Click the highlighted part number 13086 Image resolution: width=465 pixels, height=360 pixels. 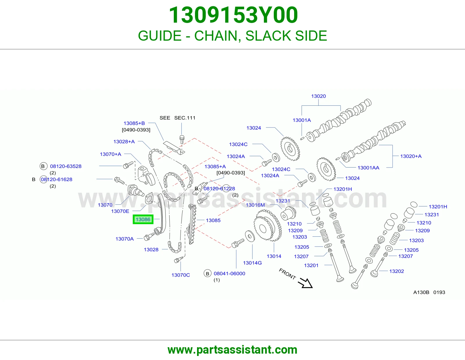[x=143, y=219]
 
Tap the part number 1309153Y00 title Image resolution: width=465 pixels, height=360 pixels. [x=233, y=15]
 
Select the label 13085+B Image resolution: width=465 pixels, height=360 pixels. [x=134, y=123]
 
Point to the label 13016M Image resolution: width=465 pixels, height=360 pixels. [x=255, y=205]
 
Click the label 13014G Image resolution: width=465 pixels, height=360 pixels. [x=252, y=263]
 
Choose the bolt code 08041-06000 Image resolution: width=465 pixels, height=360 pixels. [x=229, y=273]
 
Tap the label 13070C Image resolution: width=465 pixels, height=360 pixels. [x=180, y=275]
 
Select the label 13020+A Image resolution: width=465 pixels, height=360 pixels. [x=411, y=156]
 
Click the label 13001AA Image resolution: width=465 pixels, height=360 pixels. [x=368, y=168]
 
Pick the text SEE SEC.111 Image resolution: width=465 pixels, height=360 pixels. [x=177, y=118]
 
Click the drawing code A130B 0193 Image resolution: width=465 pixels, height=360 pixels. [x=429, y=292]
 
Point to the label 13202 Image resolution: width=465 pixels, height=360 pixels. [x=396, y=271]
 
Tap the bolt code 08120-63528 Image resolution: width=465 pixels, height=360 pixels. [x=66, y=166]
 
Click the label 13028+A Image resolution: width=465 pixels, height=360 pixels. [x=124, y=141]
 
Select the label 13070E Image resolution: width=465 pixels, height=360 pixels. [x=120, y=211]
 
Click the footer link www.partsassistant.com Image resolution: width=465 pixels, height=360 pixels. [x=233, y=350]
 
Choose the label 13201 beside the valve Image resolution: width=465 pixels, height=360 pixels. [x=311, y=265]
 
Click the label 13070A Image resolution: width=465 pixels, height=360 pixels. [x=125, y=239]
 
